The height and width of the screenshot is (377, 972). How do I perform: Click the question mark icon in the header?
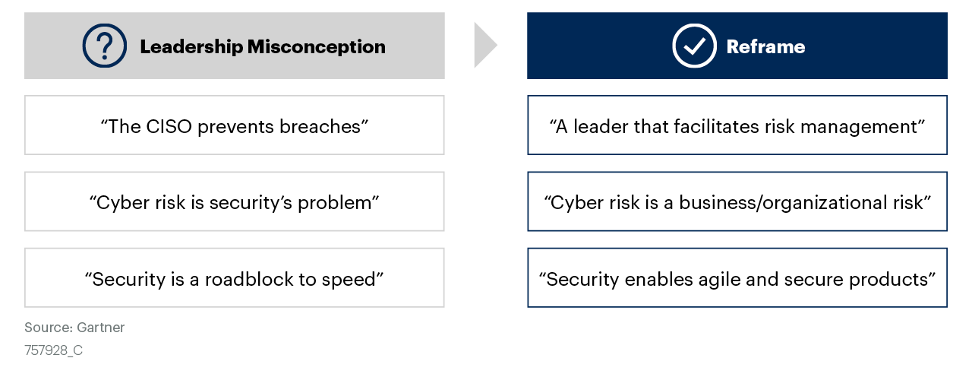click(106, 46)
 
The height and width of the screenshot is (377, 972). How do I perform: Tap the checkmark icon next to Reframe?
click(694, 46)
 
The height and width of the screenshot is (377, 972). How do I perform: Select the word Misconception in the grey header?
click(316, 47)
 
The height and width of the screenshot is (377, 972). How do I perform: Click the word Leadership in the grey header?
click(191, 47)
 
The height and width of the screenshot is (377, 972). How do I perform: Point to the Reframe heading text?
click(765, 47)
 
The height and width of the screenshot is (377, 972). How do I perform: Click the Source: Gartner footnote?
click(74, 328)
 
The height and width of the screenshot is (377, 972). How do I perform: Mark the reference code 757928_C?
click(53, 351)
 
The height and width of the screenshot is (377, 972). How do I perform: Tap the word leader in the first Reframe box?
click(595, 126)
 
